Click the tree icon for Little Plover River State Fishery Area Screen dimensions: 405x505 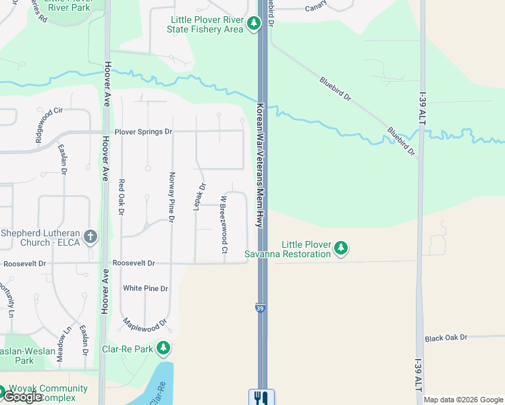(254, 24)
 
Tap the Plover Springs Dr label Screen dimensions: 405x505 (143, 132)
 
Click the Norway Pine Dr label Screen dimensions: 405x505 (171, 197)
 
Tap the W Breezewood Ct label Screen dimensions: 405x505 (223, 225)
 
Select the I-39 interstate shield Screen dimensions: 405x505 (261, 308)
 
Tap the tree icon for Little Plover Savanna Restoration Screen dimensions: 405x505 (342, 248)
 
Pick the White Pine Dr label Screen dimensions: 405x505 (145, 288)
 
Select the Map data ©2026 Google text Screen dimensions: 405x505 (463, 400)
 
